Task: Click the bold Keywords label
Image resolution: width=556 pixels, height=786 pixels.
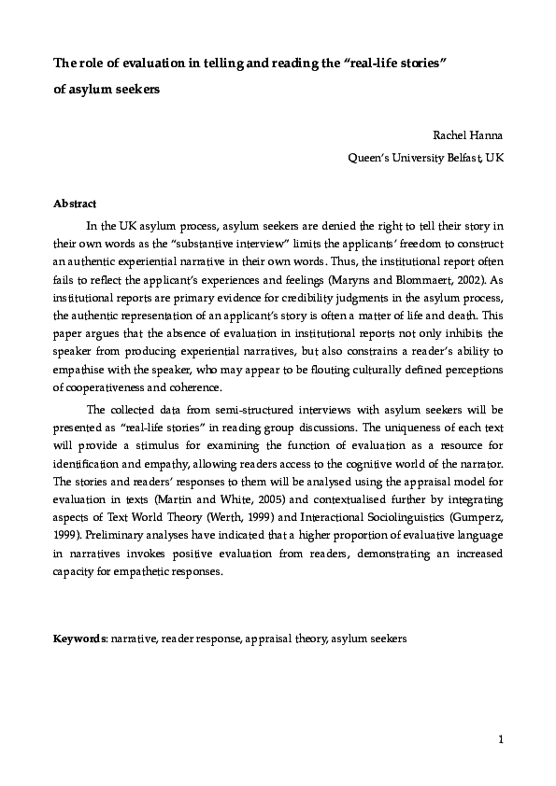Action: coord(80,641)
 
